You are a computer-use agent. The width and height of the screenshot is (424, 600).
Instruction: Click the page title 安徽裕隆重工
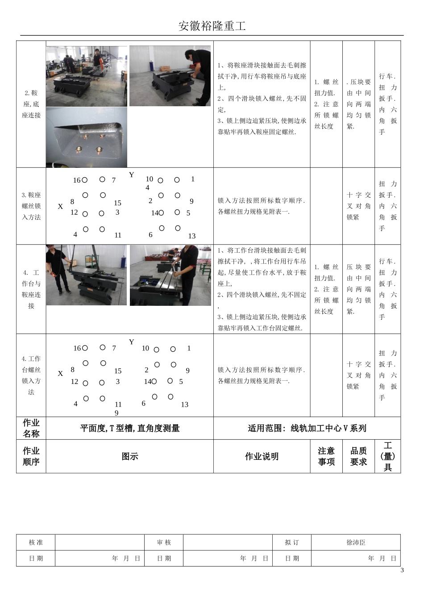(212, 26)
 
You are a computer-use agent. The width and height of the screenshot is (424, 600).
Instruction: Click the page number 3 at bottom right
(402, 570)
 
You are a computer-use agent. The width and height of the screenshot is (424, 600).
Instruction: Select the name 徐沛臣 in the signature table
(356, 542)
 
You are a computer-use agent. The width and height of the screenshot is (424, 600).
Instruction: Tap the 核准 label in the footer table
(36, 542)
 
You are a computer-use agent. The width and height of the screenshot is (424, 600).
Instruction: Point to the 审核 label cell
(164, 542)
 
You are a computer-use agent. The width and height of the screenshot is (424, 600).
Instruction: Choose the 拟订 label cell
(292, 542)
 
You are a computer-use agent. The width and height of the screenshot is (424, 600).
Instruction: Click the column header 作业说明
(262, 456)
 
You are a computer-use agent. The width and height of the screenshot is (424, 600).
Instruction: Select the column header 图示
(129, 456)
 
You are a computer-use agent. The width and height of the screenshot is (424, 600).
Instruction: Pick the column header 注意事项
(326, 456)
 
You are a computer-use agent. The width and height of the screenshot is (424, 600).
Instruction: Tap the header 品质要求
(358, 456)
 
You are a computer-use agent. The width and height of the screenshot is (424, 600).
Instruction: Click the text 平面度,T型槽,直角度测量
(129, 428)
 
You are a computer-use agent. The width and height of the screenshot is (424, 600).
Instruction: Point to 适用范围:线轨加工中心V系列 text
(307, 428)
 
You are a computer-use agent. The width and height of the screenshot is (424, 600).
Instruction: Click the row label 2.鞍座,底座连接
(31, 104)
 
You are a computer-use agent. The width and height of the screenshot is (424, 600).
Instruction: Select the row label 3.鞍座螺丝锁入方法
(31, 206)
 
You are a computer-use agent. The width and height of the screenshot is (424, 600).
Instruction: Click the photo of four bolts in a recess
(87, 137)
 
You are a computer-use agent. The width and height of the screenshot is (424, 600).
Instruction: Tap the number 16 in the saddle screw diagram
(77, 180)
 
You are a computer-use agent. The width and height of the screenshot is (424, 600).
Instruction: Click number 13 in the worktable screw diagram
(184, 404)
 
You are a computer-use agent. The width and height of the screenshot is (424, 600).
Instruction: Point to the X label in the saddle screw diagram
(60, 207)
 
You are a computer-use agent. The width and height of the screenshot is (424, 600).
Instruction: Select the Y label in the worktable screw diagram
(131, 342)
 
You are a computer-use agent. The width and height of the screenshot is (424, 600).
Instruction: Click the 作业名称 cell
(31, 428)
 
